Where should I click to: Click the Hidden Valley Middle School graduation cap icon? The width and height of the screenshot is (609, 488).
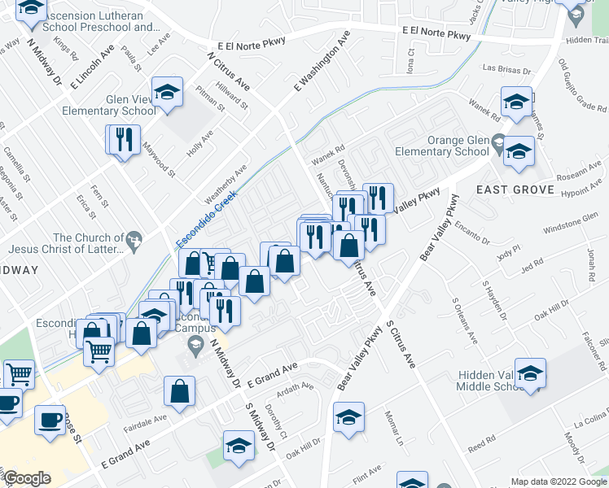point(530,373)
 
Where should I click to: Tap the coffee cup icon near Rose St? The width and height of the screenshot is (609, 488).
point(50,420)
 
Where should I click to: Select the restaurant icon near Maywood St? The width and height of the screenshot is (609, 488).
point(124,139)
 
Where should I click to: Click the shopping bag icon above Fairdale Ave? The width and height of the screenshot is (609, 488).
point(179,391)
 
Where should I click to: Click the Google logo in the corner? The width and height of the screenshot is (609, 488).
point(28,478)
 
